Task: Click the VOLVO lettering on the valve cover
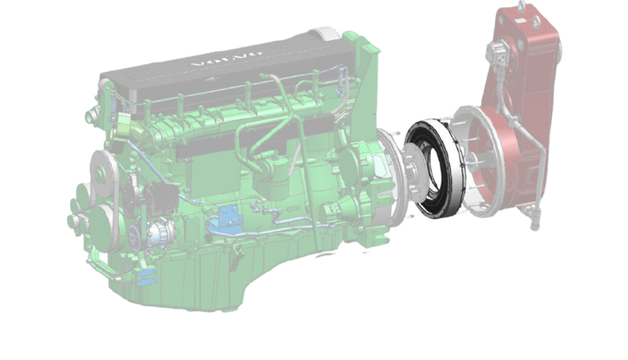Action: [x=227, y=59]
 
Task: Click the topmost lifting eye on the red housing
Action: [x=522, y=5]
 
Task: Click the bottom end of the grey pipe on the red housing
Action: [x=534, y=226]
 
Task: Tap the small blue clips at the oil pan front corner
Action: [x=146, y=277]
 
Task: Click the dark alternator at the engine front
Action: [x=161, y=198]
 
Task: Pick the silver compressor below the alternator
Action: [x=159, y=232]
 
